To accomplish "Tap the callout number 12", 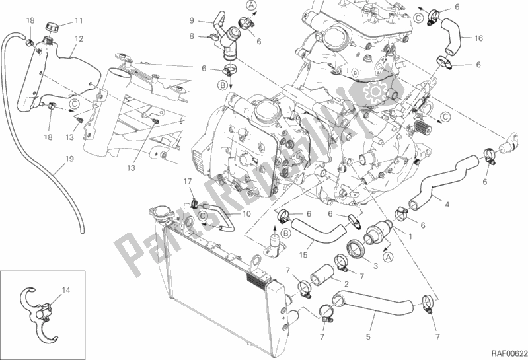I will click(x=79, y=39).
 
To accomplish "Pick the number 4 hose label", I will click(x=447, y=204).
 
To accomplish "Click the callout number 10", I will click(x=246, y=214).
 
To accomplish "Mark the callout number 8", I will click(x=191, y=37).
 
